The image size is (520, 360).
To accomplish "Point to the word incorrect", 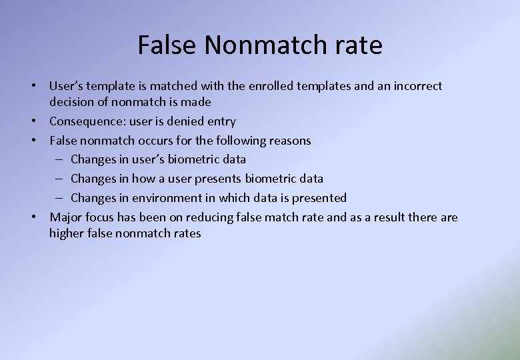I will [x=417, y=86].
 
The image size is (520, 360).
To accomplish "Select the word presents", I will [x=218, y=179].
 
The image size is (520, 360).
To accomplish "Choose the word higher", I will [x=67, y=233].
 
